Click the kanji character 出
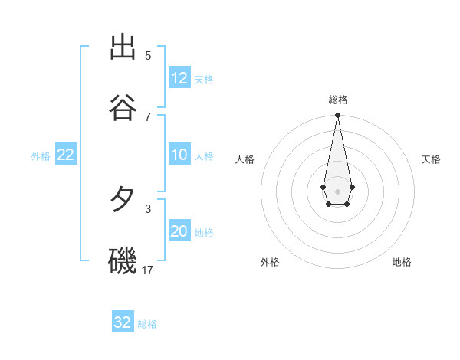(x=123, y=47)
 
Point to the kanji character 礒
(x=123, y=260)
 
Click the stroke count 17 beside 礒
(x=148, y=270)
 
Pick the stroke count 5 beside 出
(x=148, y=56)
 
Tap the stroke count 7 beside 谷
(x=148, y=116)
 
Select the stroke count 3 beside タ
(x=148, y=208)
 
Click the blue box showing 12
(x=179, y=78)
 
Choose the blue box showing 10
(x=179, y=155)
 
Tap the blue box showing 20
(x=179, y=232)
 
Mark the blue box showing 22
(x=66, y=155)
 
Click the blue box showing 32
(x=123, y=322)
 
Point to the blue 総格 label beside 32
(x=147, y=324)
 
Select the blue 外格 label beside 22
(x=41, y=156)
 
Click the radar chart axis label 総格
(x=338, y=100)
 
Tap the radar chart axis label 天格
(x=431, y=159)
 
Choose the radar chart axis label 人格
(x=245, y=159)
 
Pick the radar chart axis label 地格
(x=402, y=262)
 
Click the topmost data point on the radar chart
(x=337, y=115)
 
